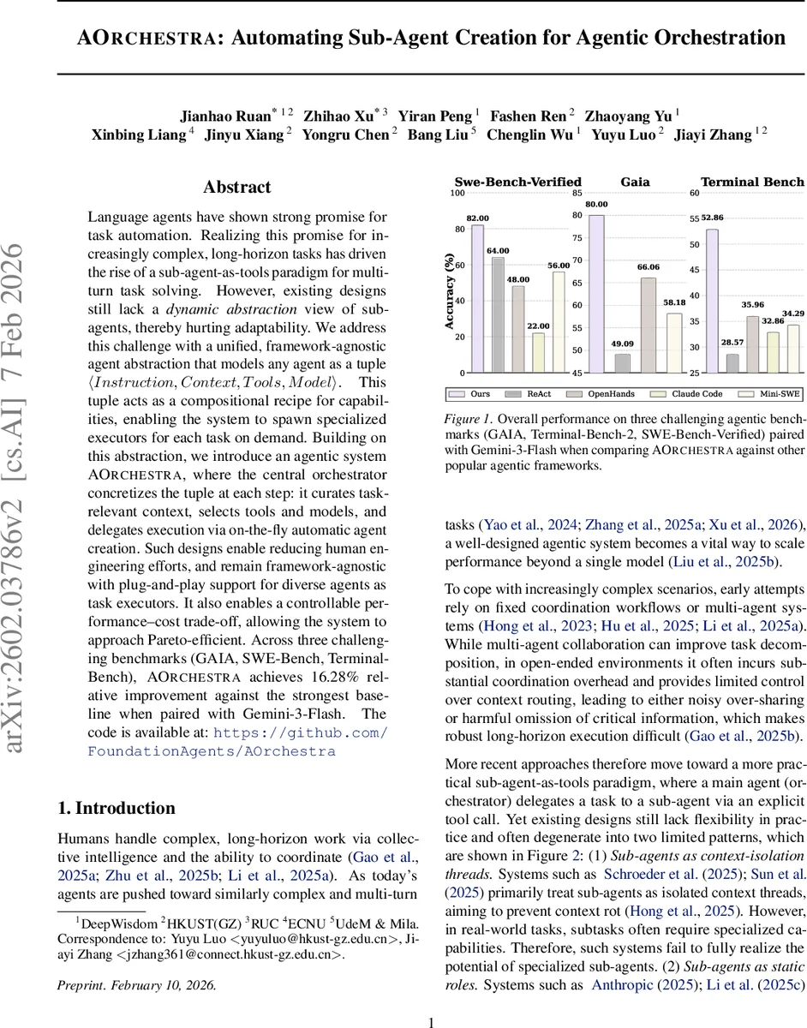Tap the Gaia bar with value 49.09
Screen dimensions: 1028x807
(x=623, y=363)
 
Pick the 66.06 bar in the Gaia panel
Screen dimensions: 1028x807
(x=649, y=325)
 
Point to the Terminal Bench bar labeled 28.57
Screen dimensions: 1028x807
(x=732, y=363)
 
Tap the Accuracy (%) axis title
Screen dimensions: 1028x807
(x=449, y=291)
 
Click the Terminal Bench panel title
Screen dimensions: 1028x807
(x=752, y=182)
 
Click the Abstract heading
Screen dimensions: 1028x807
(x=236, y=188)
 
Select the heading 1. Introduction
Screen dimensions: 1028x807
(x=116, y=808)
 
